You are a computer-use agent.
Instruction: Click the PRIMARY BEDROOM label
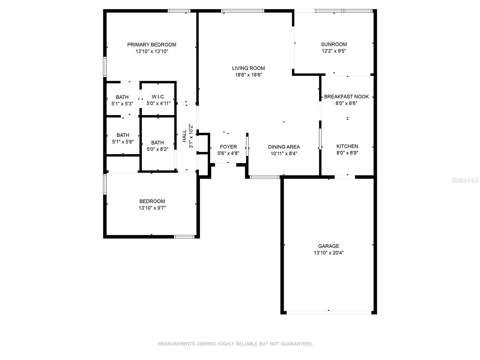151,45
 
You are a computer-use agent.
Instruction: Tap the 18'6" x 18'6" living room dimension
248,75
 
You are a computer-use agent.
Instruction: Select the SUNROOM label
334,44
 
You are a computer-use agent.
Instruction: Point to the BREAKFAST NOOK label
346,97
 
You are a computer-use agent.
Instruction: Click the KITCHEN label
347,146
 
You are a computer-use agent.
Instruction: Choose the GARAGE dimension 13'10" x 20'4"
328,253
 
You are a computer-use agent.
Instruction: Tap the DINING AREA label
284,147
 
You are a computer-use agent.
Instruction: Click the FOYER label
228,147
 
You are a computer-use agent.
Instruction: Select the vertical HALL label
184,136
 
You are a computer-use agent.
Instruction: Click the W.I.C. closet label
158,97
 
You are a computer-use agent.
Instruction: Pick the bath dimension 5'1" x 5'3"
122,104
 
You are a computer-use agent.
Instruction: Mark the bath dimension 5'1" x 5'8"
123,142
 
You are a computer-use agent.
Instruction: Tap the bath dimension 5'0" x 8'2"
157,149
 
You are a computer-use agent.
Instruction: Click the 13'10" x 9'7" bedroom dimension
152,208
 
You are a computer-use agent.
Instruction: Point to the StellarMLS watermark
465,180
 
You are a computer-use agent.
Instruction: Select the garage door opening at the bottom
329,313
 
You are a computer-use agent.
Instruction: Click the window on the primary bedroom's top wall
179,11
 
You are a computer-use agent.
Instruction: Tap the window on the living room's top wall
243,11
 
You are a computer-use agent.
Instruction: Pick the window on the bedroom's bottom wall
184,237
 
